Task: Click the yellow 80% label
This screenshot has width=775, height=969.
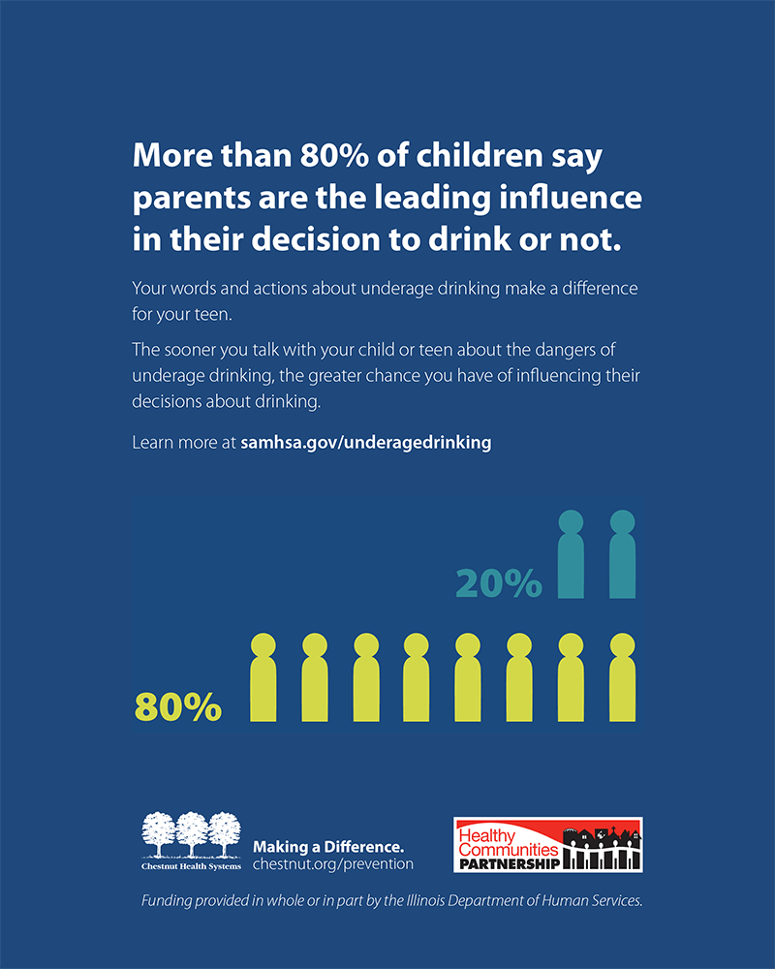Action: coord(177,707)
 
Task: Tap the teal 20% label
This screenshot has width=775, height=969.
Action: coord(499,583)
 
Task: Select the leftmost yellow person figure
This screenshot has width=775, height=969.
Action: coord(263,678)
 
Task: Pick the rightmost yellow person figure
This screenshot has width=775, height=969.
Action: coord(622,678)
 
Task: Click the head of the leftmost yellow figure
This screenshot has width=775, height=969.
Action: coord(263,645)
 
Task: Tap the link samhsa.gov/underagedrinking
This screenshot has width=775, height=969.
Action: coord(366,442)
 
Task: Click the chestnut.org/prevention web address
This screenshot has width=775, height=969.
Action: coord(332,863)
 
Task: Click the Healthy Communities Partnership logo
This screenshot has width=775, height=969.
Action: coord(548,845)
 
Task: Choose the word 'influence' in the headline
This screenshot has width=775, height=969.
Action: coord(572,198)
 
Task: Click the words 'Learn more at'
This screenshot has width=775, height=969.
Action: coord(183,442)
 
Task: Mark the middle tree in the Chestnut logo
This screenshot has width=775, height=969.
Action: coord(192,831)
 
